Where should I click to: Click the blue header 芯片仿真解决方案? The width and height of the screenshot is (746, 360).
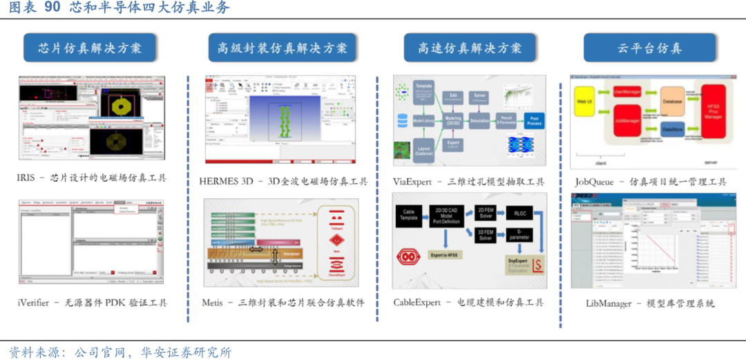90,48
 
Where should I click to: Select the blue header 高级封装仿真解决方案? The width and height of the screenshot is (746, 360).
283,48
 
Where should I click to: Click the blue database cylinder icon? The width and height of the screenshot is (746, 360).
401,120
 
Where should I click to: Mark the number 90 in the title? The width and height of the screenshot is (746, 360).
52,8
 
